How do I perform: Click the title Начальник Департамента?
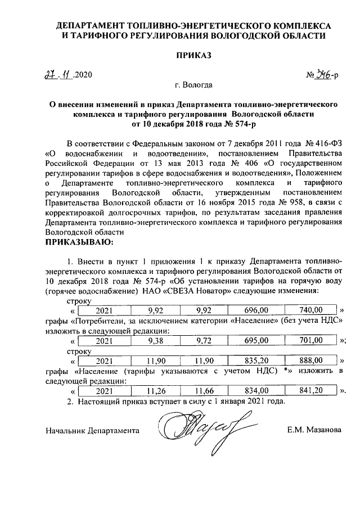pos(92,430)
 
